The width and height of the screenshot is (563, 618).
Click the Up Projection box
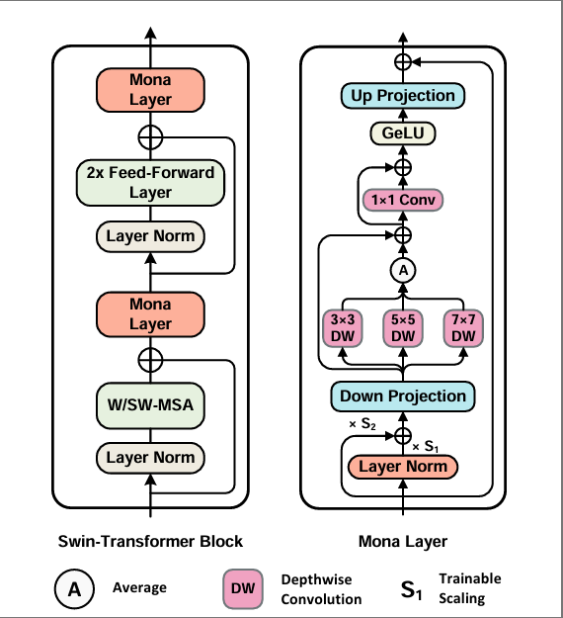coord(403,96)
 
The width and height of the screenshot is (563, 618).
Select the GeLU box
coord(403,133)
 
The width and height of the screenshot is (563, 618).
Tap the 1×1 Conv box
coord(403,200)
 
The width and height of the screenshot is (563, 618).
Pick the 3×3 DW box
coord(343,328)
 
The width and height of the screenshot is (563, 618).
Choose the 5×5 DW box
coord(403,328)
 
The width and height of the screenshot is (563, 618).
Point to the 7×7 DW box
coord(463,328)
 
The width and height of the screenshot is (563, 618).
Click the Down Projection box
coord(403,397)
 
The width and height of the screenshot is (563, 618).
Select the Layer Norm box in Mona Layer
coord(403,467)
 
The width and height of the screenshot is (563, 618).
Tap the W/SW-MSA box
coord(150,405)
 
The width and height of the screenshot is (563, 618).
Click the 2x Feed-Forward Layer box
coord(150,183)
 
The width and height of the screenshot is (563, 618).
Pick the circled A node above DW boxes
coord(403,271)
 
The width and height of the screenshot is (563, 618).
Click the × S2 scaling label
coord(362,424)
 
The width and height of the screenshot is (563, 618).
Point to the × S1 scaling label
coord(425,447)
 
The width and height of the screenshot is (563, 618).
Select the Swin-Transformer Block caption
coord(150,542)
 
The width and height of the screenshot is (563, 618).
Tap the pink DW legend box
coord(243,589)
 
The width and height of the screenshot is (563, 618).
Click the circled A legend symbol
coord(74,589)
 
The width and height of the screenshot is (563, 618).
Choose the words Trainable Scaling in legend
coord(470,588)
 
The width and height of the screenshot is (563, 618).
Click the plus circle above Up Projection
coord(403,62)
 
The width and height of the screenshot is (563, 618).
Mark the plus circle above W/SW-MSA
coord(150,360)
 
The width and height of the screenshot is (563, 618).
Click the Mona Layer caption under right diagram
coord(403,542)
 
